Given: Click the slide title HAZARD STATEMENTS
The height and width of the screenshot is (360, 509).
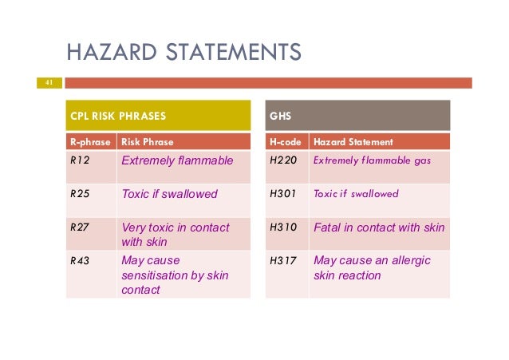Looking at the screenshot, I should coord(183,53).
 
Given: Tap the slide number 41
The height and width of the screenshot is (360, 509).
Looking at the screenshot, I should coord(49,82).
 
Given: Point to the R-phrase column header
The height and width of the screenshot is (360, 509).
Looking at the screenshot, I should coord(89,142).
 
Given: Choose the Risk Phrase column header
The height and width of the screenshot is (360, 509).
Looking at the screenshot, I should coord(147,142).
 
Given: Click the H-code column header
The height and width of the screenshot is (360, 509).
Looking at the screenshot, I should coord(286,142).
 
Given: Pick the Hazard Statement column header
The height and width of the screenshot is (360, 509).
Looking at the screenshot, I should coord(353,142).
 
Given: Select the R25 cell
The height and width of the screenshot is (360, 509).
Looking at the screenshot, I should coord(78,194).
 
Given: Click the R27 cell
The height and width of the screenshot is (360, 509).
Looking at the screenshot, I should coord(78,228).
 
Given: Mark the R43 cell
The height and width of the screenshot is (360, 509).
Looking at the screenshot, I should coord(78,261).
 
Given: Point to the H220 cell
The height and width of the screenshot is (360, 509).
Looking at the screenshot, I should coord(282,161).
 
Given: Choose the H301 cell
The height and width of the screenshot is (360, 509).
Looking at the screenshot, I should coord(282,194).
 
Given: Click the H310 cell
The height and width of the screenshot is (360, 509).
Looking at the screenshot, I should coord(282,228).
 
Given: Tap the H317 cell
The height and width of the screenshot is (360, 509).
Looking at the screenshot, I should coord(282,261).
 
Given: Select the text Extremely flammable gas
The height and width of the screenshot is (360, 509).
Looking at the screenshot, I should coord(372,161).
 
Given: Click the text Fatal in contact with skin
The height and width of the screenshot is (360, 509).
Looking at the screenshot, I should coord(379,228).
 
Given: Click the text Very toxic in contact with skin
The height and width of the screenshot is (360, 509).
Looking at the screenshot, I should coord(175,235).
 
